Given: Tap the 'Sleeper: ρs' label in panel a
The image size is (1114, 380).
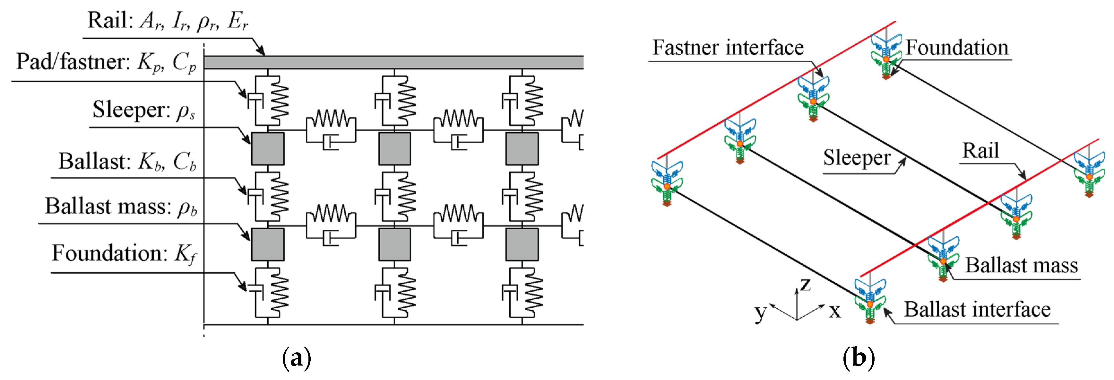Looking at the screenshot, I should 143,110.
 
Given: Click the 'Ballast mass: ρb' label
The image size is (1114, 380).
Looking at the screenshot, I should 121,207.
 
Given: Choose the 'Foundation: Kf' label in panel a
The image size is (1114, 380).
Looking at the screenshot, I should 124,253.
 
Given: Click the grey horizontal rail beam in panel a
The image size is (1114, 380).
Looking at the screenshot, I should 393,62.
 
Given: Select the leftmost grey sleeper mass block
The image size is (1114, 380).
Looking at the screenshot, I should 268,149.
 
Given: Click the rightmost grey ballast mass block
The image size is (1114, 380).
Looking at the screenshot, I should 522,244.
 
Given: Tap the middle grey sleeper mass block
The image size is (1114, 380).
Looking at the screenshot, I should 394,149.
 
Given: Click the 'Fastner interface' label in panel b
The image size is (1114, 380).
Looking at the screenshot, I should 728,48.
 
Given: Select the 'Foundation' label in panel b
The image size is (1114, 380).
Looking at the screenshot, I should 957,48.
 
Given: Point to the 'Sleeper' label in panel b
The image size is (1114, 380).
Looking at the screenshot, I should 857,158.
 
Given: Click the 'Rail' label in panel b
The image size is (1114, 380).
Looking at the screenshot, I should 980,151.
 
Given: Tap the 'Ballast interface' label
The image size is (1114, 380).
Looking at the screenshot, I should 977,309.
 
